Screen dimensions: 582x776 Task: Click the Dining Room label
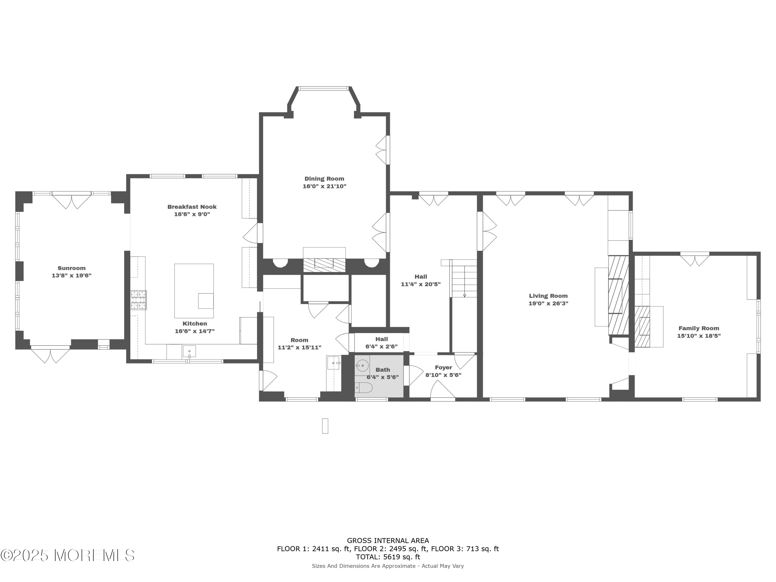pyautogui.click(x=324, y=178)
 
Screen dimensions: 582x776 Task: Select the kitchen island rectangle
pyautogui.click(x=194, y=290)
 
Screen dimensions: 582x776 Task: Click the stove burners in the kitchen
pyautogui.click(x=139, y=300)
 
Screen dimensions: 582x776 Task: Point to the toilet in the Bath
pyautogui.click(x=363, y=388)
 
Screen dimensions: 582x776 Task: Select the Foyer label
pyautogui.click(x=443, y=367)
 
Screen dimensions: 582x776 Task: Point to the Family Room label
pyautogui.click(x=698, y=328)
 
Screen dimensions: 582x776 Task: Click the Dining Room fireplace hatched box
pyautogui.click(x=324, y=265)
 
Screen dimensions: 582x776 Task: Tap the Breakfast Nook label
pyautogui.click(x=192, y=207)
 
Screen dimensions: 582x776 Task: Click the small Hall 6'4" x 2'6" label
pyautogui.click(x=381, y=342)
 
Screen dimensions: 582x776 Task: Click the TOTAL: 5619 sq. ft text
pyautogui.click(x=388, y=557)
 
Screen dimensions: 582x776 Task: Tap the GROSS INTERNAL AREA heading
pyautogui.click(x=388, y=541)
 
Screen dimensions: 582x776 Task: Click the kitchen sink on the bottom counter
pyautogui.click(x=189, y=351)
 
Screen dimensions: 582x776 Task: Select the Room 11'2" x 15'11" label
pyautogui.click(x=299, y=344)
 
